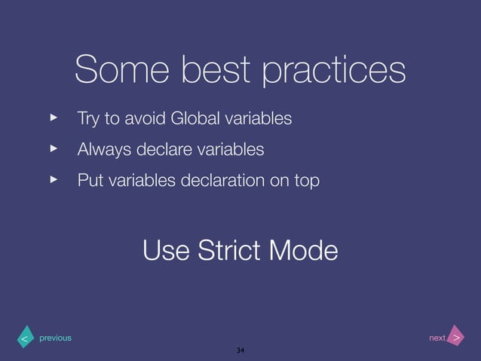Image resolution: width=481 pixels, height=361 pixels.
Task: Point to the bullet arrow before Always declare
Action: pyautogui.click(x=54, y=149)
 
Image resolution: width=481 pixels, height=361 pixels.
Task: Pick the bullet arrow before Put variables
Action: pyautogui.click(x=54, y=180)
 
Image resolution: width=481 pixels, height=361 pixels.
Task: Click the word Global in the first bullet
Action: pyautogui.click(x=195, y=119)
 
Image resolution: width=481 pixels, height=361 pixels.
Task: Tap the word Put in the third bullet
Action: pyautogui.click(x=90, y=181)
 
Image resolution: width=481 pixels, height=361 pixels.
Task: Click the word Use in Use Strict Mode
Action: pyautogui.click(x=167, y=249)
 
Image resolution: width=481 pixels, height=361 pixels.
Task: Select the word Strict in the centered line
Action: pyautogui.click(x=234, y=249)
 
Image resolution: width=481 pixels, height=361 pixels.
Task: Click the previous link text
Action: pyautogui.click(x=55, y=338)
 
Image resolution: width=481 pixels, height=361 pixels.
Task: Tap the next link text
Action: pyautogui.click(x=437, y=338)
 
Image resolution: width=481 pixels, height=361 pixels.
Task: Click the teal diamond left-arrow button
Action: pyautogui.click(x=24, y=339)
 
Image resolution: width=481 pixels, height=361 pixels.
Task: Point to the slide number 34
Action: pyautogui.click(x=240, y=351)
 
